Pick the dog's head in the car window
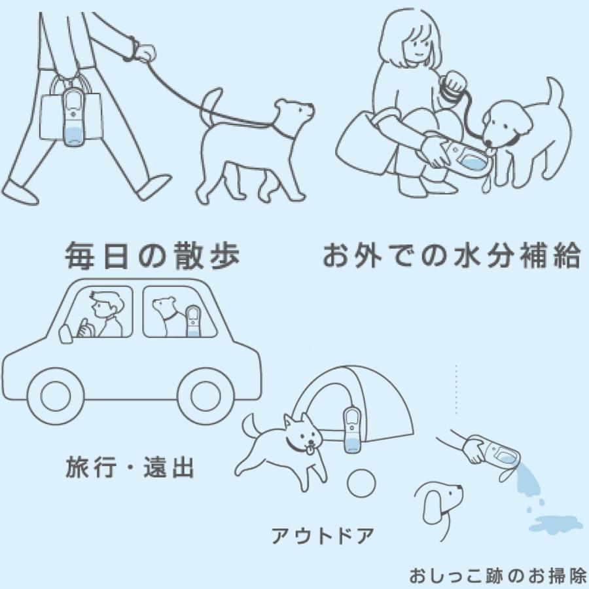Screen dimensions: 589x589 tap(164, 306)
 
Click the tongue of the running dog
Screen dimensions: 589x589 tap(307, 450)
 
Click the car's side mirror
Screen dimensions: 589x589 tap(64, 333)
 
